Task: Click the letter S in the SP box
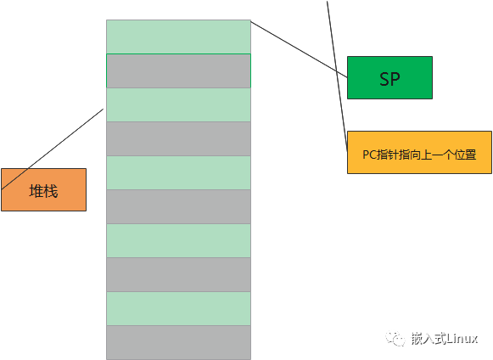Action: [385, 79]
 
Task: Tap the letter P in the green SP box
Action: [396, 79]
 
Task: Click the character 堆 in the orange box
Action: [36, 191]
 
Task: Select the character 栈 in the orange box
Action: [51, 191]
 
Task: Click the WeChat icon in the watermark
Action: [395, 339]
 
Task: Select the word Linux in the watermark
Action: [462, 339]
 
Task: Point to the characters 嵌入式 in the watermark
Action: [429, 339]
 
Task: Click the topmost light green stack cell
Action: [178, 37]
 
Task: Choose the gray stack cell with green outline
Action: [178, 70]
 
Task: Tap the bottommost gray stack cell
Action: [178, 343]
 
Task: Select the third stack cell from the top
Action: [178, 104]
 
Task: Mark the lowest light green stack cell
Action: [178, 309]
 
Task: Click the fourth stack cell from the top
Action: [178, 138]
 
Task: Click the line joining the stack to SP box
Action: [299, 49]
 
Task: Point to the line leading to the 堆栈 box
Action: [53, 149]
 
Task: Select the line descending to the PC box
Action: [337, 76]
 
